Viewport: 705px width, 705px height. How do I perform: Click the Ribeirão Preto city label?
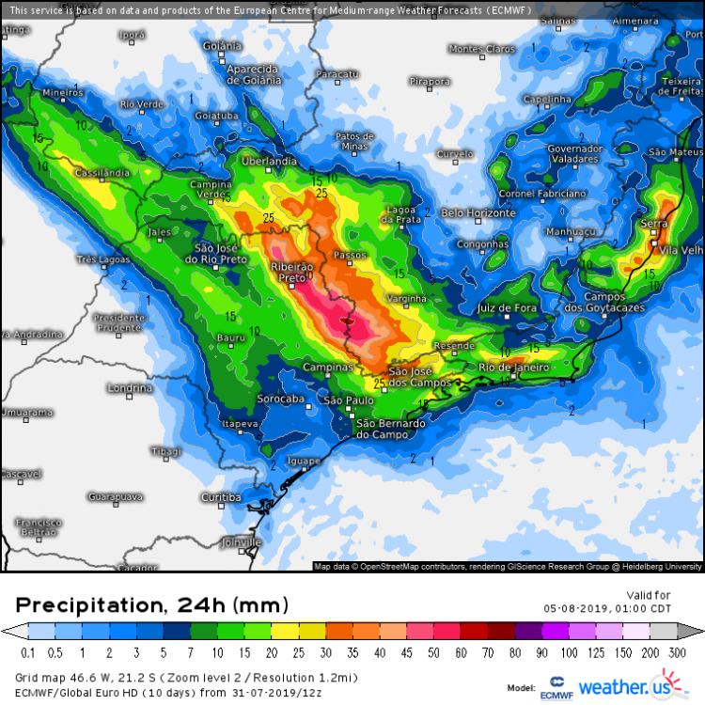pos(289,273)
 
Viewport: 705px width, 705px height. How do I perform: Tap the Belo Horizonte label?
pos(478,213)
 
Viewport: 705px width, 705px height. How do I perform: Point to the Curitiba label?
pos(221,497)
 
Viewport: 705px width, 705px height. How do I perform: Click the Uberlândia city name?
pos(270,162)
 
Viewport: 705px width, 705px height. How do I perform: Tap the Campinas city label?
pos(327,368)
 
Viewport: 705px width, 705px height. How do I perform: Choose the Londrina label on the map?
pos(129,387)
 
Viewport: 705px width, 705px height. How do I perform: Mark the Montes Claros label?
pos(482,49)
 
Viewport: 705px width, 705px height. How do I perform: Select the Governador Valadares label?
pos(574,154)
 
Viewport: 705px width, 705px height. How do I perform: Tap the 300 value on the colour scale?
pos(677,652)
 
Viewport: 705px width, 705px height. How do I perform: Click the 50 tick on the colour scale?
pos(438,652)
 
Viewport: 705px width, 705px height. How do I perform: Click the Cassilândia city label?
pos(103,174)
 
